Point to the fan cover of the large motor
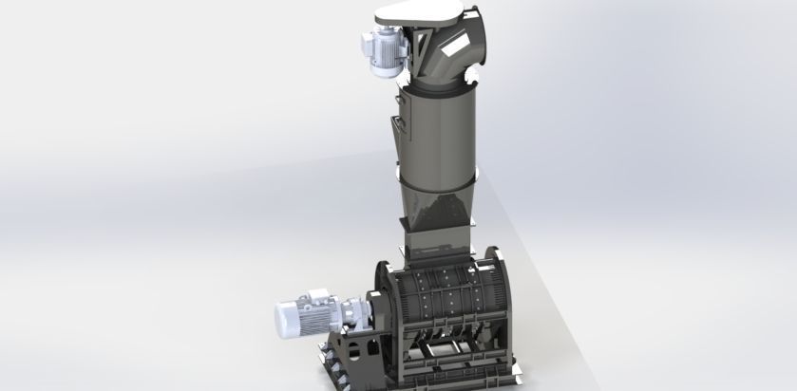click(x=282, y=318)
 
